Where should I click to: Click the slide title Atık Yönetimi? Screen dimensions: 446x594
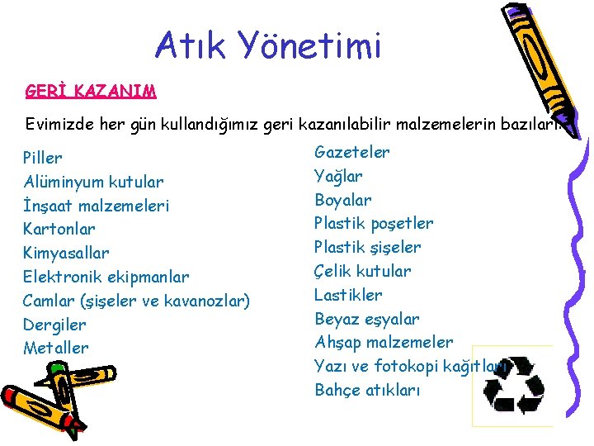(268, 46)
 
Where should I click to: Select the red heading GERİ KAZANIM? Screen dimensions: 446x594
(91, 90)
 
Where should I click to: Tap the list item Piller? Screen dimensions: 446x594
(43, 158)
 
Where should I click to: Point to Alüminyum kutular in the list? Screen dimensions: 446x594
(93, 182)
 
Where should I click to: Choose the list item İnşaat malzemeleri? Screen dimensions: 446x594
(97, 206)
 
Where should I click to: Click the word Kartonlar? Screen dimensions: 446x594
(59, 229)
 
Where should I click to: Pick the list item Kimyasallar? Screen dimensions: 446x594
(66, 253)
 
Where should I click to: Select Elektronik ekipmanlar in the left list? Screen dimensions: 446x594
(106, 277)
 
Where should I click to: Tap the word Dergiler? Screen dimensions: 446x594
(54, 325)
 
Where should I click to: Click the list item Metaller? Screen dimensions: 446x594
(55, 348)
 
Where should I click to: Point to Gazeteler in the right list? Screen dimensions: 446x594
(352, 152)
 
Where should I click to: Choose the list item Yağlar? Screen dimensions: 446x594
(338, 176)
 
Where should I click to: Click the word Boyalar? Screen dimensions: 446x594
(343, 200)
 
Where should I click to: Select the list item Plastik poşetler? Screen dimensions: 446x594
(374, 223)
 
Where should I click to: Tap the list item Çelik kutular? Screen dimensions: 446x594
(362, 271)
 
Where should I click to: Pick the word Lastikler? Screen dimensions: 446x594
(348, 295)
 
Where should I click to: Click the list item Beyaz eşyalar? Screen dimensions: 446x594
(367, 319)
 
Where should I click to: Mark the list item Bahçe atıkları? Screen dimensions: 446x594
(367, 390)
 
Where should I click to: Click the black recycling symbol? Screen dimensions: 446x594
(513, 385)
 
